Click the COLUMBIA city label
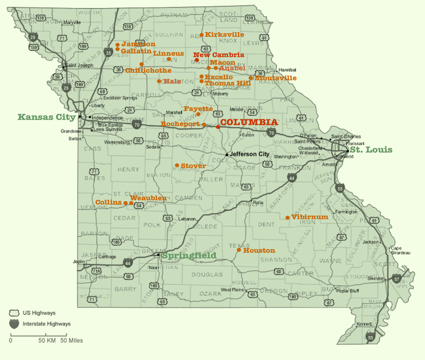pyautogui.click(x=249, y=122)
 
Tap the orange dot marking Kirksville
pyautogui.click(x=202, y=34)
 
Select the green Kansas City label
pyautogui.click(x=47, y=117)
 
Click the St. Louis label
pyautogui.click(x=374, y=150)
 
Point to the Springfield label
pyautogui.click(x=189, y=256)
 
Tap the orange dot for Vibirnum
pyautogui.click(x=288, y=218)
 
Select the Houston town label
pyautogui.click(x=259, y=250)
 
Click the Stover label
pyautogui.click(x=193, y=166)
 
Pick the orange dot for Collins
pyautogui.click(x=126, y=203)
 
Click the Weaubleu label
pyautogui.click(x=148, y=198)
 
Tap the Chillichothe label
pyautogui.click(x=148, y=70)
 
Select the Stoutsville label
pyautogui.click(x=276, y=78)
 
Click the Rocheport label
pyautogui.click(x=181, y=124)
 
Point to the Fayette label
pyautogui.click(x=198, y=109)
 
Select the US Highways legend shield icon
pyautogui.click(x=15, y=313)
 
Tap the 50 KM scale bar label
pyautogui.click(x=48, y=340)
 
